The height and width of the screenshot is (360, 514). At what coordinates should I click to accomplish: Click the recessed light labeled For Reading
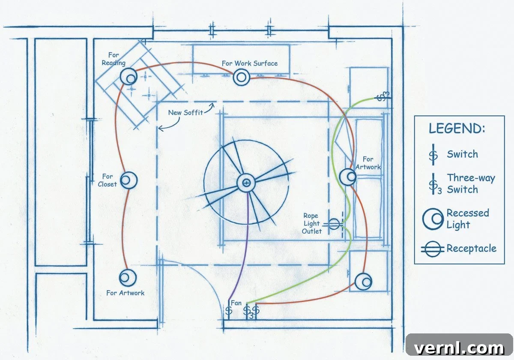(128, 77)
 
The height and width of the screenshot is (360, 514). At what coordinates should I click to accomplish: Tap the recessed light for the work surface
(242, 78)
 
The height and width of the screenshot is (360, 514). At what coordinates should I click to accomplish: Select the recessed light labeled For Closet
(129, 180)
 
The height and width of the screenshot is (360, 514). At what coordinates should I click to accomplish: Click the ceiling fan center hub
(246, 183)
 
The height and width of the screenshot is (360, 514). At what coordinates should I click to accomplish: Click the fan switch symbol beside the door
(229, 310)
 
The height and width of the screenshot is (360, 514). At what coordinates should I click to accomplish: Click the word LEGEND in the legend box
(457, 128)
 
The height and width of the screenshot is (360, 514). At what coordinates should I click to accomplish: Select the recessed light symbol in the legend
(433, 219)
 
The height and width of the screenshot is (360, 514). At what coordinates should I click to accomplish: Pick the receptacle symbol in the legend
(433, 249)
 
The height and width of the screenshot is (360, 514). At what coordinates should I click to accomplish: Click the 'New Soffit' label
(185, 112)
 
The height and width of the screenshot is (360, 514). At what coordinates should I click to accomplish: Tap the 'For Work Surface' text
(250, 63)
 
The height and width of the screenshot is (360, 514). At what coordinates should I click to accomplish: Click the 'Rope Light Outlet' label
(312, 223)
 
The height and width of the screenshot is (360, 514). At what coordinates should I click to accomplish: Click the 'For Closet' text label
(107, 180)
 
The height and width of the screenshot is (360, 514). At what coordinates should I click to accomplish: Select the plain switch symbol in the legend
(433, 155)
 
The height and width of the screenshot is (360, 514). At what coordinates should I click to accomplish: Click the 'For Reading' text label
(114, 59)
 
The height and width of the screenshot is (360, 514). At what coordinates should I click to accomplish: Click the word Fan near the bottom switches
(236, 303)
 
